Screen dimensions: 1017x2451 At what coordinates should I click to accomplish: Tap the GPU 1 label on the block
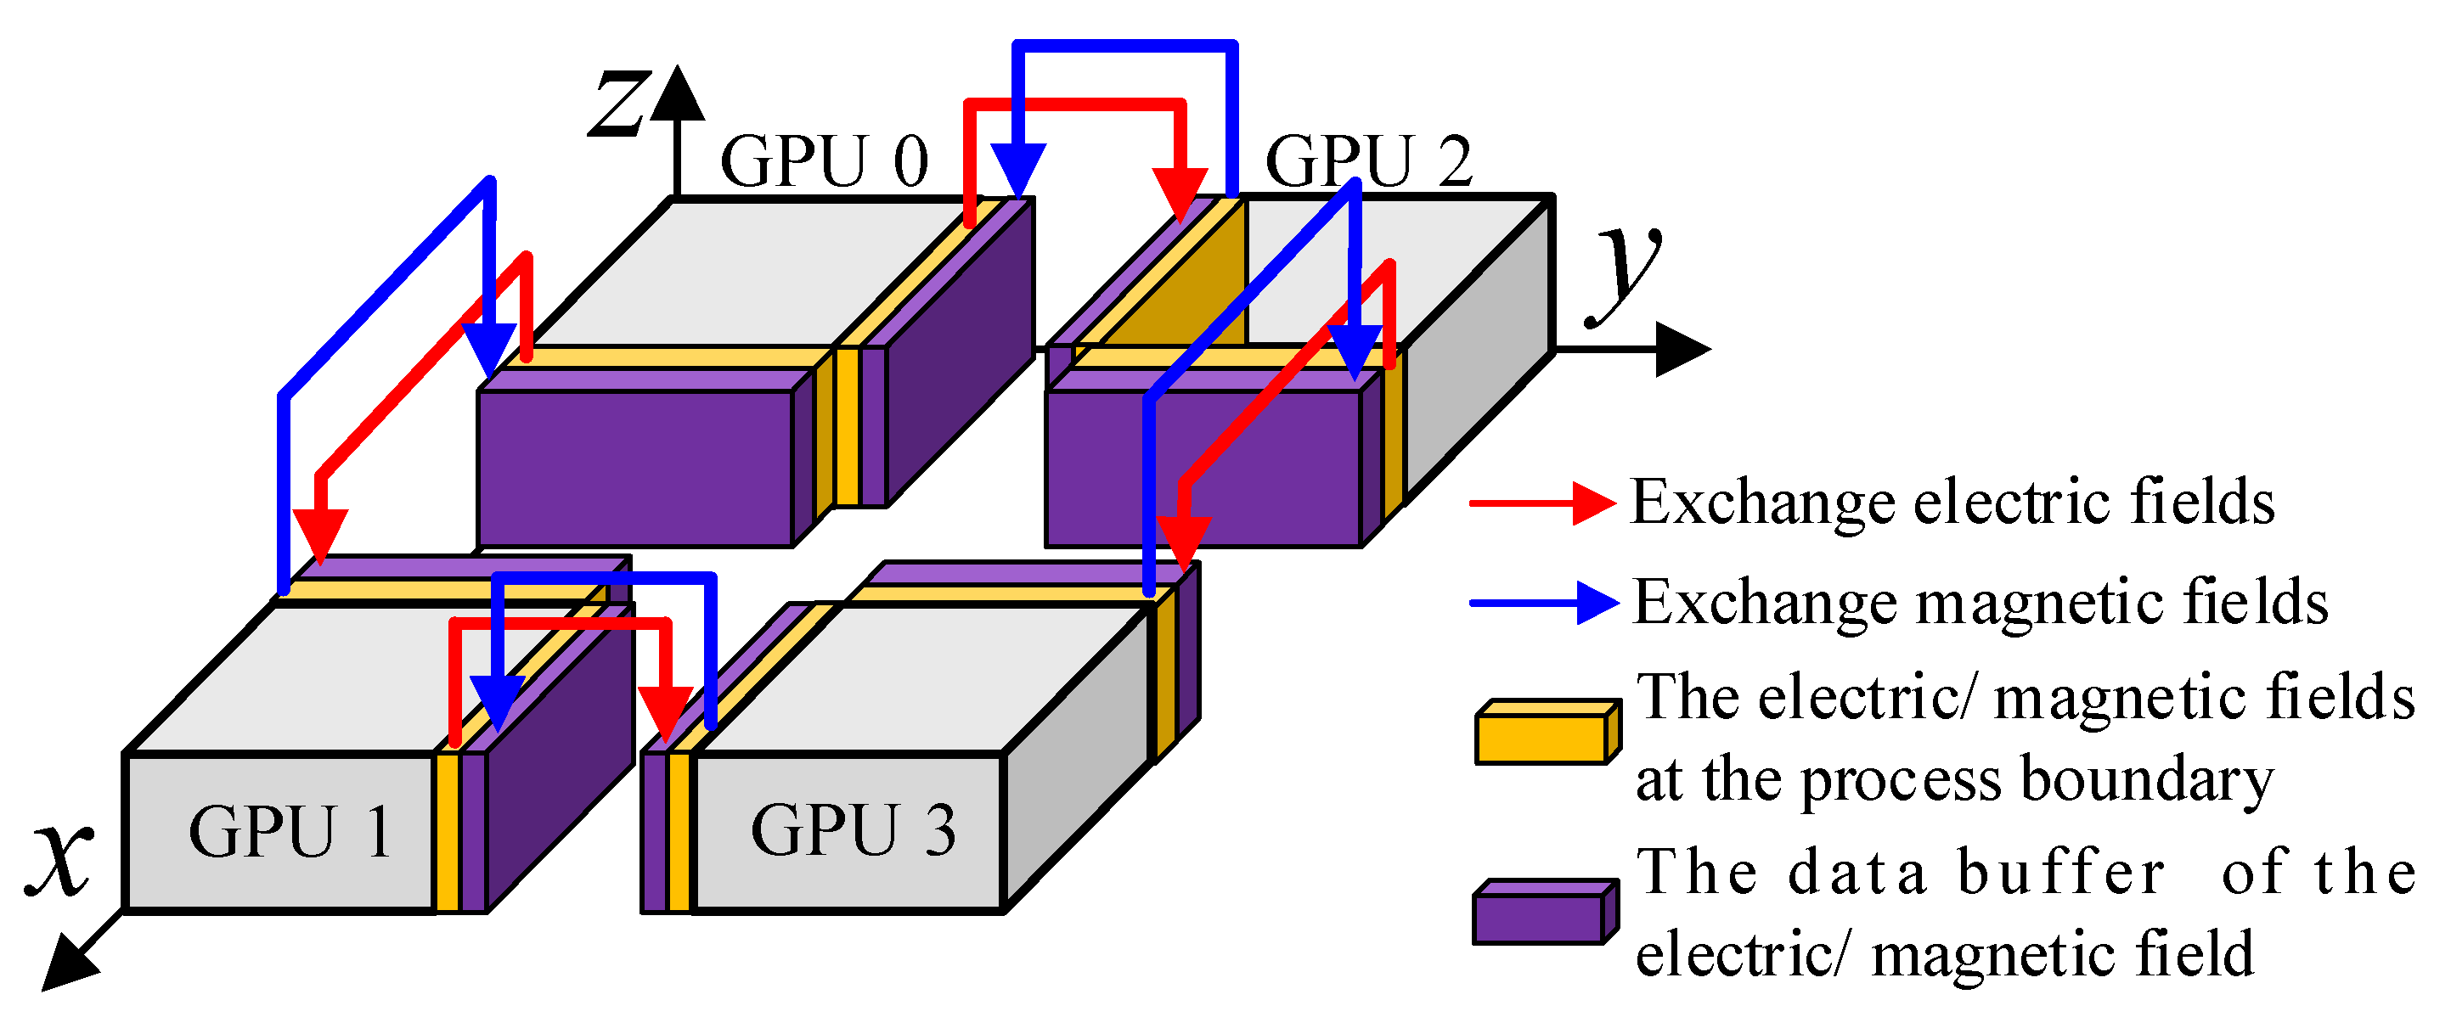pyautogui.click(x=290, y=833)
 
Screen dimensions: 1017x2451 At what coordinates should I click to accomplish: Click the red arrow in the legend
pyautogui.click(x=1541, y=503)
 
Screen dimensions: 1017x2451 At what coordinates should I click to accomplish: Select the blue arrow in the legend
pyautogui.click(x=1543, y=602)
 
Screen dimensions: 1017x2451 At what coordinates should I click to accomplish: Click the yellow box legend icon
pyautogui.click(x=1547, y=733)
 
